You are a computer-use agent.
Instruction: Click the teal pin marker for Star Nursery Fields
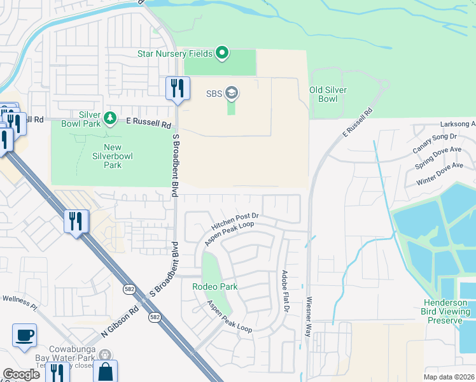pos(222,53)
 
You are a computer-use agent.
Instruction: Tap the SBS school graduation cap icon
pos(232,94)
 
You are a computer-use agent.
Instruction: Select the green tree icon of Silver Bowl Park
pos(109,118)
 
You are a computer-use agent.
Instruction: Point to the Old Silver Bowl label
pos(328,94)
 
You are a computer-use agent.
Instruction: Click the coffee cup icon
pos(24,335)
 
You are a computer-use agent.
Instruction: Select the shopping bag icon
pos(105,372)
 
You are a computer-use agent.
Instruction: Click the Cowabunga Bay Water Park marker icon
pos(106,355)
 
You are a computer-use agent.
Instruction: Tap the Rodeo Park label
pos(215,286)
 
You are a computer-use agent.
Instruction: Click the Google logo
pos(21,374)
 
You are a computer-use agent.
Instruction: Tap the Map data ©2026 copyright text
pos(448,377)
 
